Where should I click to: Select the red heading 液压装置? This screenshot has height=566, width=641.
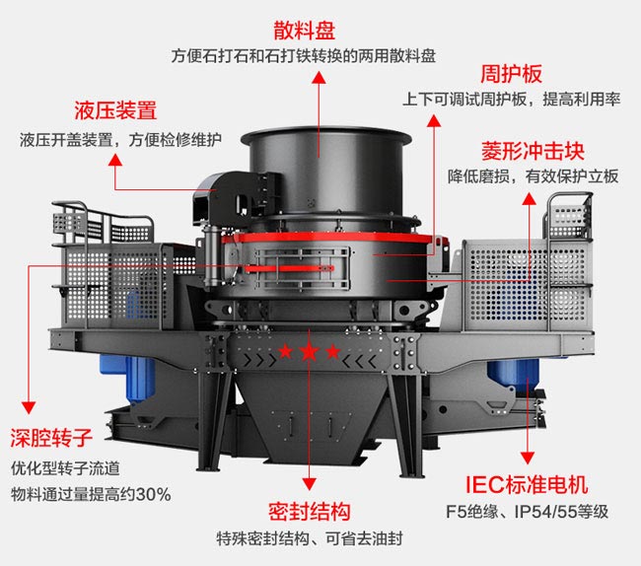click(115, 110)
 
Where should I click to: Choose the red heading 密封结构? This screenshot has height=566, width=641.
click(310, 513)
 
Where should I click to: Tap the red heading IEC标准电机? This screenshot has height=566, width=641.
click(527, 484)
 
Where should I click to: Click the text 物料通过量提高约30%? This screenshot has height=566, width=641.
click(90, 493)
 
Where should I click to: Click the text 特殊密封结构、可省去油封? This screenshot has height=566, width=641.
click(309, 539)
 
